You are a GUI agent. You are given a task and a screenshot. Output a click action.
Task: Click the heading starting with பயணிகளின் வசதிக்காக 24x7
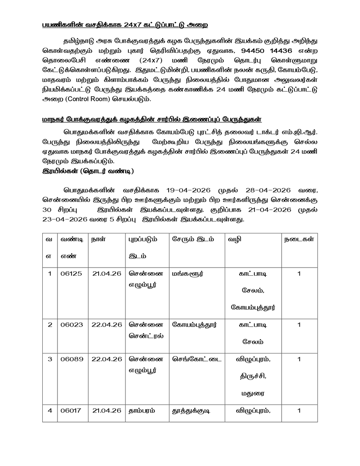(125, 25)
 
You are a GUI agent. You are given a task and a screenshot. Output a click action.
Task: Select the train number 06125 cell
(71, 274)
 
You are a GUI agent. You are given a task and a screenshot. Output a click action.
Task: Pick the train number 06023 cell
(71, 325)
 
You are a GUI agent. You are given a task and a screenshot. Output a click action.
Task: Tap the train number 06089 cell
(71, 359)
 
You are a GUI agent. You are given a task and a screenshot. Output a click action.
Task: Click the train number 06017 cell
(71, 410)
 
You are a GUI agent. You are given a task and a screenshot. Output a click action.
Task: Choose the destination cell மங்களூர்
(188, 274)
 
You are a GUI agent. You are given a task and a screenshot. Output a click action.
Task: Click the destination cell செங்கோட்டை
(197, 359)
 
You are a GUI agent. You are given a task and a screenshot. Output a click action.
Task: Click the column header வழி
(235, 239)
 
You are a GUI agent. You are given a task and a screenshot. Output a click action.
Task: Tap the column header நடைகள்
(299, 239)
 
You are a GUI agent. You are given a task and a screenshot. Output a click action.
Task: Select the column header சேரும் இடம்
(193, 239)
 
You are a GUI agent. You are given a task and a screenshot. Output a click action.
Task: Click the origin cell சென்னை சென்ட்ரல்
(146, 330)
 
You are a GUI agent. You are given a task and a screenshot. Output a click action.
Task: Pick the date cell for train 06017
(107, 410)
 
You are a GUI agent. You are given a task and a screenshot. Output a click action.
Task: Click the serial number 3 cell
(50, 359)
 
